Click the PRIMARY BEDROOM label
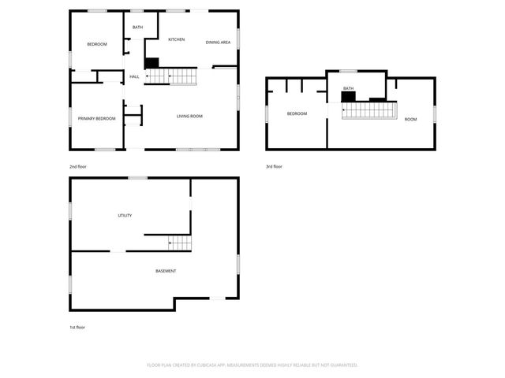96,118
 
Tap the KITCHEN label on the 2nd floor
176,39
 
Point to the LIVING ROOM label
189,116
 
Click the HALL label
134,76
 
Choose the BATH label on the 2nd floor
137,28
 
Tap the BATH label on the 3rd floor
348,88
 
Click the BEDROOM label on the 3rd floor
297,114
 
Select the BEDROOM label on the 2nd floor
96,44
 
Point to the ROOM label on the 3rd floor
410,119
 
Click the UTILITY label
125,215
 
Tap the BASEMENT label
166,271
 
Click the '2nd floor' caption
77,166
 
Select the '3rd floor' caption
274,166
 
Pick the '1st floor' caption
77,327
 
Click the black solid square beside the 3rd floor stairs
348,97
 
